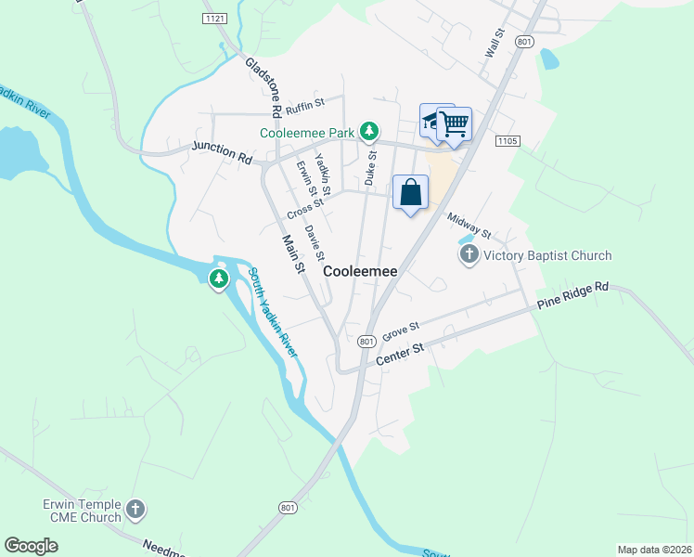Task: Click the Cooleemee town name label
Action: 360,271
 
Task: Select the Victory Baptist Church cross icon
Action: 469,255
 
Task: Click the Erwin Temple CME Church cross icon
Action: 135,509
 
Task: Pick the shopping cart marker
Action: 454,124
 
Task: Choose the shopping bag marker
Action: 411,193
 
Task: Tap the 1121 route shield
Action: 214,18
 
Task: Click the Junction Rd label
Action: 222,152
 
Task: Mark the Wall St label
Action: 494,44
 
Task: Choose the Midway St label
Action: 469,226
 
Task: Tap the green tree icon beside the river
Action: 219,278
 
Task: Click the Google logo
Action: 31,546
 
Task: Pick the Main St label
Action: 294,253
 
